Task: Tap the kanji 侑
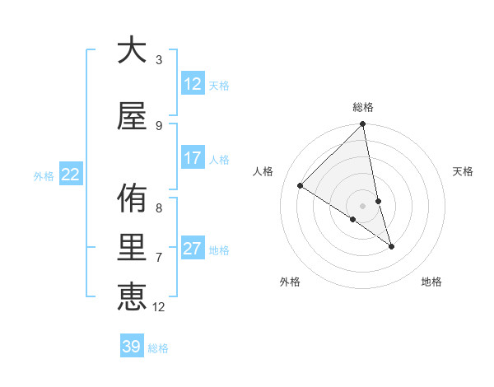(132, 199)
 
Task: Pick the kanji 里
(132, 249)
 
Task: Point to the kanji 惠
(132, 296)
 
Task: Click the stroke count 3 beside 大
(159, 60)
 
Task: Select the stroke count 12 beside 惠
(159, 307)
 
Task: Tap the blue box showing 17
(193, 158)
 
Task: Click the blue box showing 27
(193, 249)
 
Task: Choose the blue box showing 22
(71, 174)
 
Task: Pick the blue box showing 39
(131, 347)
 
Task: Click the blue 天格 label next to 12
(219, 86)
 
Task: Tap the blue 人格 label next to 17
(219, 159)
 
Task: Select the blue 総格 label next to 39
(158, 348)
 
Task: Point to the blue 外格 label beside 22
(44, 175)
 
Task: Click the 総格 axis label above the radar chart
(363, 107)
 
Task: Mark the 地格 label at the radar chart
(431, 282)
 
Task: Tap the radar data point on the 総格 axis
(363, 124)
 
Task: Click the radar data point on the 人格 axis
(300, 186)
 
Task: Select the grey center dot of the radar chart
(363, 206)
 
